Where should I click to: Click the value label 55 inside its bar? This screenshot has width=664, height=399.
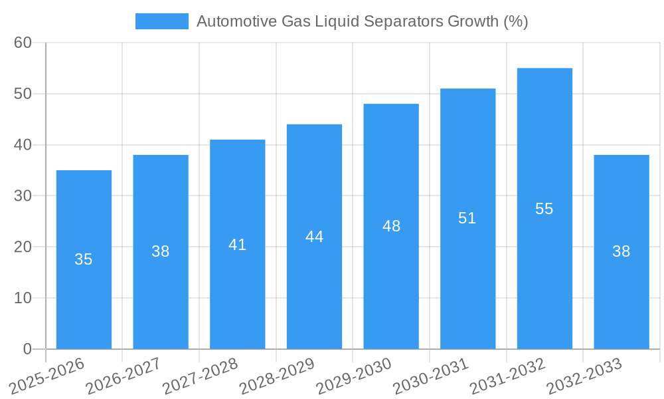pyautogui.click(x=544, y=209)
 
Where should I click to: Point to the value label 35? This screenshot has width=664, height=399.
pyautogui.click(x=84, y=259)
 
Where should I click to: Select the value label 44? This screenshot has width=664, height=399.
pyautogui.click(x=314, y=237)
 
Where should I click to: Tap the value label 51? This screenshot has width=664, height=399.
pyautogui.click(x=467, y=218)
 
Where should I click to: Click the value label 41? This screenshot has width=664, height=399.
pyautogui.click(x=238, y=245)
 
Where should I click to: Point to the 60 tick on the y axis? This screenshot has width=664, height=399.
pyautogui.click(x=23, y=43)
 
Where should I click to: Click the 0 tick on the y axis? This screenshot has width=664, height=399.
pyautogui.click(x=27, y=349)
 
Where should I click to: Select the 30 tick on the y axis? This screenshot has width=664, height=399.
pyautogui.click(x=23, y=196)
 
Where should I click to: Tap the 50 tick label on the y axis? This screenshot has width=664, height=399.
pyautogui.click(x=23, y=94)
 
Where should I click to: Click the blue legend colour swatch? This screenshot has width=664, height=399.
pyautogui.click(x=161, y=21)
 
